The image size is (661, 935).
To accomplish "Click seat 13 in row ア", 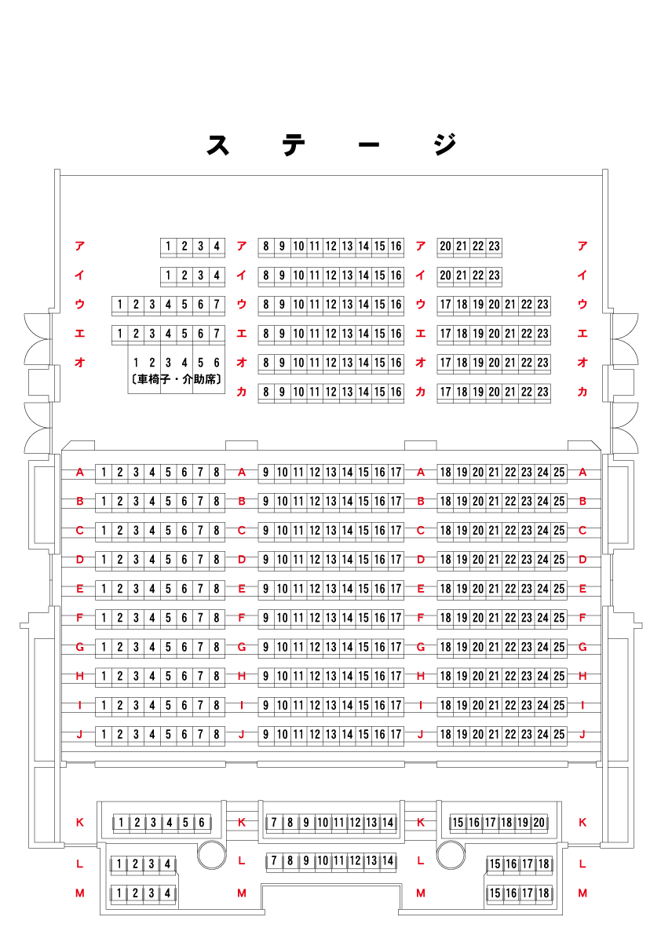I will (347, 247).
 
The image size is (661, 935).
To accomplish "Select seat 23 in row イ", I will (494, 276).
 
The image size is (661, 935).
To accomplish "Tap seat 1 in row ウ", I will (119, 305).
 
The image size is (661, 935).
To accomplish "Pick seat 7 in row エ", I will (217, 334).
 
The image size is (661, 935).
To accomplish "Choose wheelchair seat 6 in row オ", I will (217, 363).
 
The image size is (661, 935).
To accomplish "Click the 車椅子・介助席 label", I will (176, 380).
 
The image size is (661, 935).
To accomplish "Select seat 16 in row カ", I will (396, 392).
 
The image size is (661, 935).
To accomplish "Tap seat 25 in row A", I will (559, 473).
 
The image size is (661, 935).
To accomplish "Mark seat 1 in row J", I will (103, 735).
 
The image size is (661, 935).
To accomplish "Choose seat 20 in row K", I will (539, 823).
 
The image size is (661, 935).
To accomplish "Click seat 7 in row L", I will (274, 861).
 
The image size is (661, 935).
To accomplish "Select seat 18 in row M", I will (544, 893).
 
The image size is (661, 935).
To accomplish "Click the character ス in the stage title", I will (217, 144).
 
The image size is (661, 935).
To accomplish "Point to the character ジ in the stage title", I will (444, 144).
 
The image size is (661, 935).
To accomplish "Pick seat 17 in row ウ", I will (445, 305).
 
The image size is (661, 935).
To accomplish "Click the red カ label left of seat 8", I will (242, 392).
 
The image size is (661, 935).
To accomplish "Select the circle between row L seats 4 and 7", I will (211, 854).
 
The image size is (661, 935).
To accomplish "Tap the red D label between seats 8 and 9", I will (242, 560).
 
